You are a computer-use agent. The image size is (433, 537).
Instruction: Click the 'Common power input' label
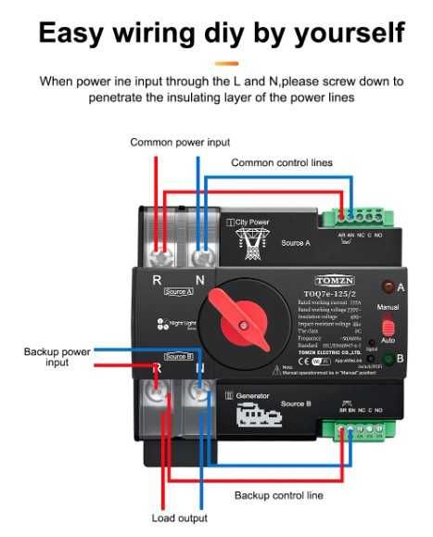click(x=180, y=142)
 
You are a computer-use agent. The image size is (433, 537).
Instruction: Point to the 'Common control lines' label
click(x=281, y=162)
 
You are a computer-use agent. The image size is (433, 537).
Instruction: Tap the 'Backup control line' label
click(x=278, y=495)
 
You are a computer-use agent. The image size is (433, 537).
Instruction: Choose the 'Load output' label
click(x=179, y=518)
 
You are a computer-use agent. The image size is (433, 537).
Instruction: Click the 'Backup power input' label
click(x=57, y=357)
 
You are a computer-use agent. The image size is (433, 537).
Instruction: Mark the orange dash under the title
click(x=225, y=63)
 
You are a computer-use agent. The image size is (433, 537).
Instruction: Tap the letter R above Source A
click(x=158, y=278)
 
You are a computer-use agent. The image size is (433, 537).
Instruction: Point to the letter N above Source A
click(x=198, y=278)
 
